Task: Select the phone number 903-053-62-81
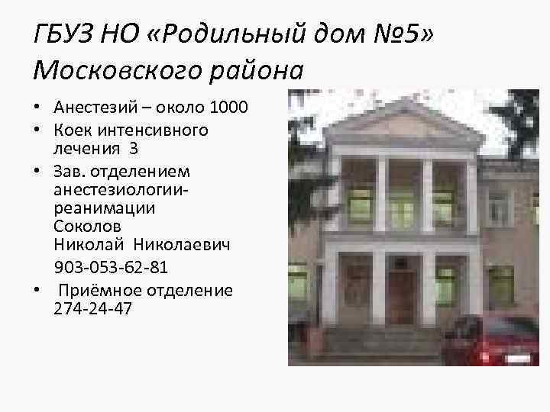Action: (x=112, y=269)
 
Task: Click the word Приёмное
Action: (x=99, y=291)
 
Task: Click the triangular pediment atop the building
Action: (x=403, y=124)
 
